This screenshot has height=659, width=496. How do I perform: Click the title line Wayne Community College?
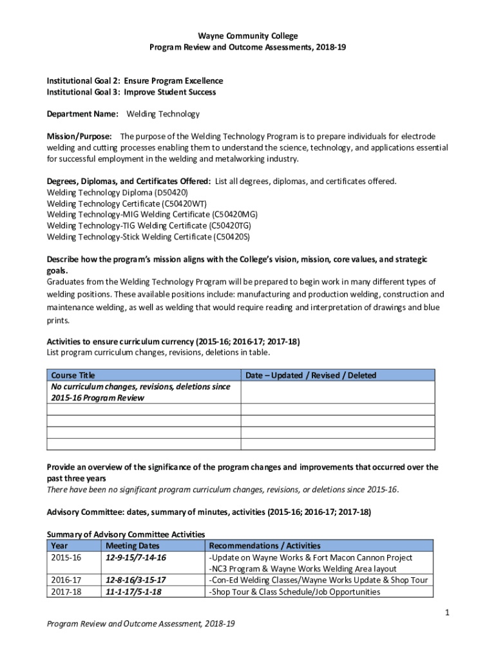[x=247, y=36]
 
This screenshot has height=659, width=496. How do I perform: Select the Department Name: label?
[x=82, y=114]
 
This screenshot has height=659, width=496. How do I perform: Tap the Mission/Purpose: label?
[x=80, y=136]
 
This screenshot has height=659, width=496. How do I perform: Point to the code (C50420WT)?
[x=186, y=203]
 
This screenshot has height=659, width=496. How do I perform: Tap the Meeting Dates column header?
[x=132, y=546]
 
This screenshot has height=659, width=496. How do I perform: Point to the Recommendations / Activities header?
[x=265, y=546]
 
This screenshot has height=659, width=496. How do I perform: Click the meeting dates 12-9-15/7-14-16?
[x=136, y=557]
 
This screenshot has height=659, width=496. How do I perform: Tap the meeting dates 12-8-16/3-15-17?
[x=136, y=580]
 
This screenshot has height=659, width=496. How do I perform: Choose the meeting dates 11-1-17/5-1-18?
[x=133, y=591]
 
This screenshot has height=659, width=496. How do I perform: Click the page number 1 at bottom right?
[x=446, y=612]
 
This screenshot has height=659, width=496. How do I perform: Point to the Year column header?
[x=58, y=546]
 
